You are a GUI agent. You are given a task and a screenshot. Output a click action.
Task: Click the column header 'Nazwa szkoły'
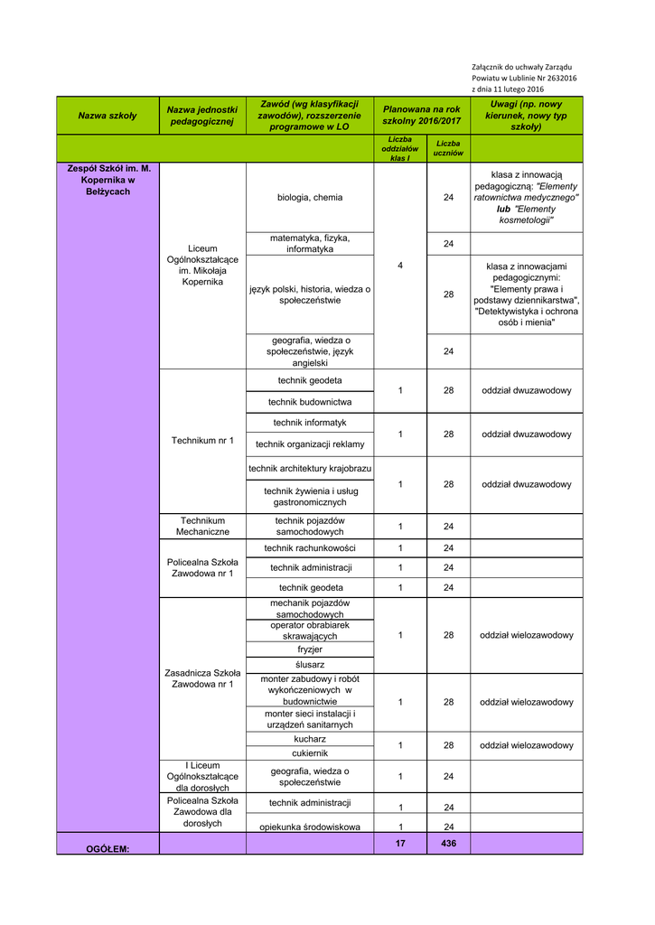point(108,116)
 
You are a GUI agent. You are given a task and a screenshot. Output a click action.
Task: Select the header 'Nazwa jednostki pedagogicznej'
point(202,115)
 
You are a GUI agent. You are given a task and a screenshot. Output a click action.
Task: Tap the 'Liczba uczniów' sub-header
point(448,148)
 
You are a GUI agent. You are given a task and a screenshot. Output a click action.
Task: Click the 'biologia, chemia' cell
point(310,197)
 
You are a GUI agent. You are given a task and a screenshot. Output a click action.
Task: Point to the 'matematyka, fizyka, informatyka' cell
point(310,243)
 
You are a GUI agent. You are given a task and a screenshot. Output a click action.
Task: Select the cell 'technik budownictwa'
point(310,402)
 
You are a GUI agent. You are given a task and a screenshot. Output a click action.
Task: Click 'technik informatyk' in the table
point(310,423)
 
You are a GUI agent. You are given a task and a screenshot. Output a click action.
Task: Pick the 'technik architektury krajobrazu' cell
point(310,468)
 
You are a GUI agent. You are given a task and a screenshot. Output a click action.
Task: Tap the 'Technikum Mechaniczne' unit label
point(202,527)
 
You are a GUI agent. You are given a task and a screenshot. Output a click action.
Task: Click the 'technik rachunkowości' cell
point(310,548)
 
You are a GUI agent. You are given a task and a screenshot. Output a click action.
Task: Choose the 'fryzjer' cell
point(310,649)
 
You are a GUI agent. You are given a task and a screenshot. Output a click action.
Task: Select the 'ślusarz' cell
point(310,665)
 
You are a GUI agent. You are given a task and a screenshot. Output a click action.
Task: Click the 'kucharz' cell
point(310,739)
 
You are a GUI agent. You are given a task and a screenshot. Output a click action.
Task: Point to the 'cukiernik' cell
point(310,753)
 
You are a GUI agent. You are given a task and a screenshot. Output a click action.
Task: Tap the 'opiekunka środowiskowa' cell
point(310,827)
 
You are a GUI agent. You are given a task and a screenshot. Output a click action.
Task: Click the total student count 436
point(448,844)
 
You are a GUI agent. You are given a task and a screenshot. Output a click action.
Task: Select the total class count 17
point(400,844)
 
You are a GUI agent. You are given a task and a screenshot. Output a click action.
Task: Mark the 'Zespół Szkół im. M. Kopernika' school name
point(108,180)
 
